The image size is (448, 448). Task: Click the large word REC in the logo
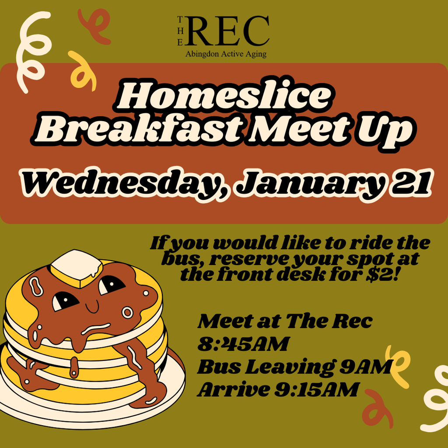230,31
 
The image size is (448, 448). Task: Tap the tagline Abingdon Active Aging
226,54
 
